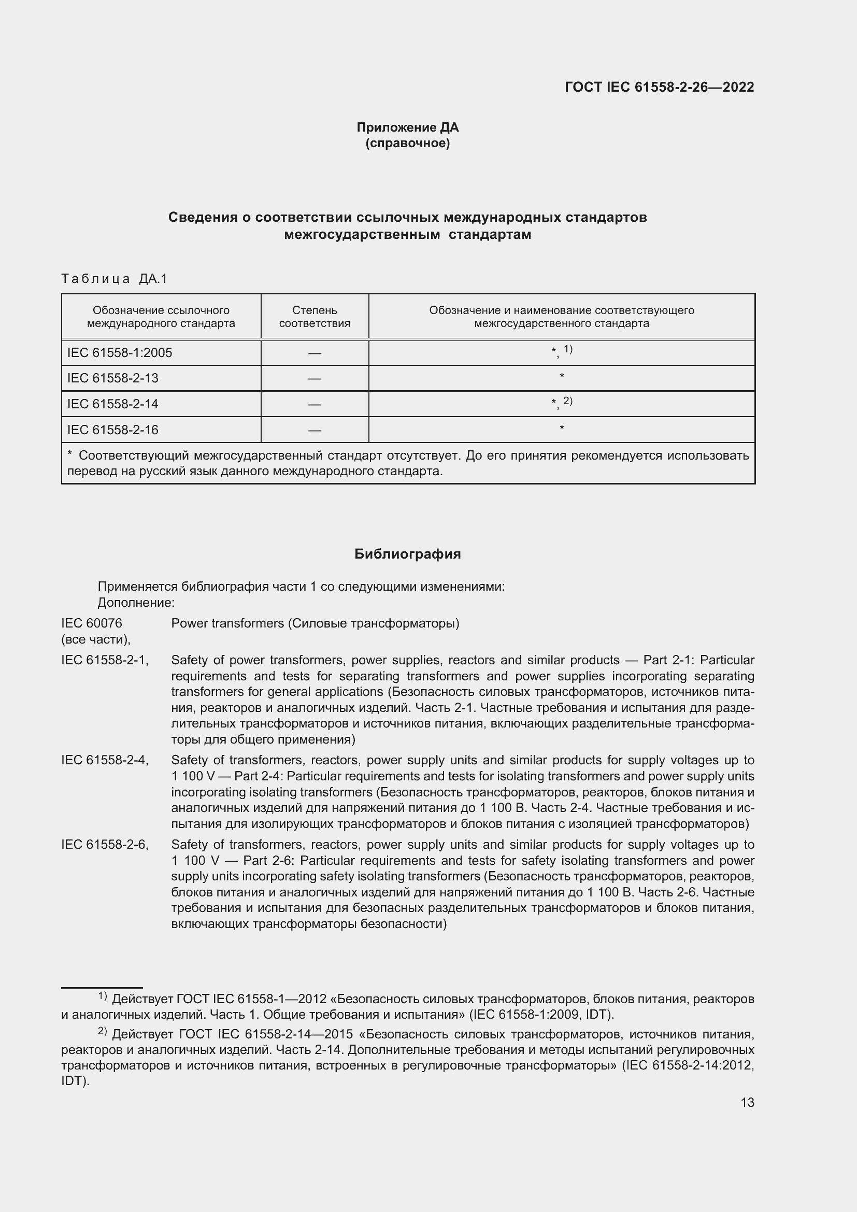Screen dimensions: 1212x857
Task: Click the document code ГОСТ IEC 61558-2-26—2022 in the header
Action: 659,87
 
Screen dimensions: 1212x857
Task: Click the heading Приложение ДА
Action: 407,127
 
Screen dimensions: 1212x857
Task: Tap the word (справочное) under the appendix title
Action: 407,143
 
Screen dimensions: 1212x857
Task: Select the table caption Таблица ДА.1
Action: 114,278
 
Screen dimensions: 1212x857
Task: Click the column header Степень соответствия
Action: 315,317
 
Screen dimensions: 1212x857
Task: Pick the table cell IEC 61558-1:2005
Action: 120,353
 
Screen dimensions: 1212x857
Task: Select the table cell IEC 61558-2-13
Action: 113,378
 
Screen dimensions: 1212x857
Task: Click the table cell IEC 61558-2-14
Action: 113,404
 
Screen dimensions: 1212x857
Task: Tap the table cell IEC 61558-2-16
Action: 113,430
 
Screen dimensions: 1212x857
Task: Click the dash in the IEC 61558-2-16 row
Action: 315,430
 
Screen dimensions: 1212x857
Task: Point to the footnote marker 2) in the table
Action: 567,401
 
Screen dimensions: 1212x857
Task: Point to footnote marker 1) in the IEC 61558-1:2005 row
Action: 568,349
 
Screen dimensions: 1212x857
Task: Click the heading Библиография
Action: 407,554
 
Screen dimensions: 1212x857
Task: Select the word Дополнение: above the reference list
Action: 136,602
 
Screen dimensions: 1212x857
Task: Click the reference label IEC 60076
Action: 92,623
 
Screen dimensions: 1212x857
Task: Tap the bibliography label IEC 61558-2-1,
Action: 105,660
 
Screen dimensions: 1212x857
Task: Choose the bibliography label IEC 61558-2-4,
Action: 105,760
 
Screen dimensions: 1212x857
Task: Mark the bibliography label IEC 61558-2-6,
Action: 105,845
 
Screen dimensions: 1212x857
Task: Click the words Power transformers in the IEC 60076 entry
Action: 227,623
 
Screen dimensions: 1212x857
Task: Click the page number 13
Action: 747,1102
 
